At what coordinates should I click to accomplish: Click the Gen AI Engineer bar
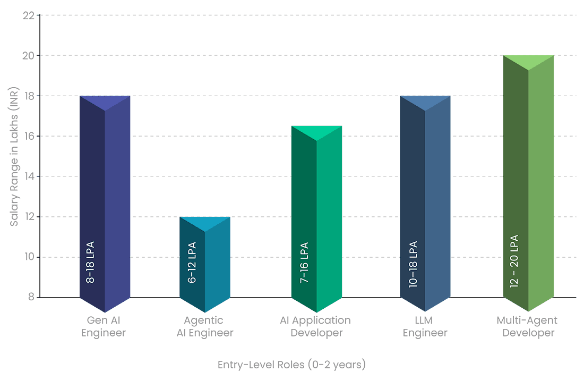pyautogui.click(x=105, y=204)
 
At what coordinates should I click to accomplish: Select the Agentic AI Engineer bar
pyautogui.click(x=205, y=264)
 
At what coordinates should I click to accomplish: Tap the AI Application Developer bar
pyautogui.click(x=316, y=219)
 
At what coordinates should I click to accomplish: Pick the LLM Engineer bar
pyautogui.click(x=425, y=204)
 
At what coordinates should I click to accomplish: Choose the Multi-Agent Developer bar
pyautogui.click(x=528, y=183)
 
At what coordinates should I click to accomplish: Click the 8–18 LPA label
pyautogui.click(x=90, y=262)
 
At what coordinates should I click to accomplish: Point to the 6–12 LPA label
pyautogui.click(x=192, y=263)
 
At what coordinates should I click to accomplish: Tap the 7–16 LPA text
pyautogui.click(x=304, y=263)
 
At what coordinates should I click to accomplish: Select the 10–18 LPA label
pyautogui.click(x=413, y=264)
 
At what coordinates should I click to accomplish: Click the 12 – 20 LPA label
pyautogui.click(x=514, y=261)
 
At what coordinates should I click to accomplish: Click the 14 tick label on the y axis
pyautogui.click(x=29, y=176)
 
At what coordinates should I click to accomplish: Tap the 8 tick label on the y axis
pyautogui.click(x=31, y=297)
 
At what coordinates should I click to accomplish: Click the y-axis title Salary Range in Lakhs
pyautogui.click(x=14, y=157)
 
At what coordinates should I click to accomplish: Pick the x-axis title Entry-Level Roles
pyautogui.click(x=291, y=365)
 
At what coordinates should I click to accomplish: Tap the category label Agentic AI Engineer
pyautogui.click(x=205, y=326)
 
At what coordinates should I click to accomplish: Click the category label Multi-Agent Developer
pyautogui.click(x=527, y=326)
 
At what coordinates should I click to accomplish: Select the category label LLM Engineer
pyautogui.click(x=425, y=326)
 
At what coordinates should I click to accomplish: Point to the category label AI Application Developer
pyautogui.click(x=315, y=326)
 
